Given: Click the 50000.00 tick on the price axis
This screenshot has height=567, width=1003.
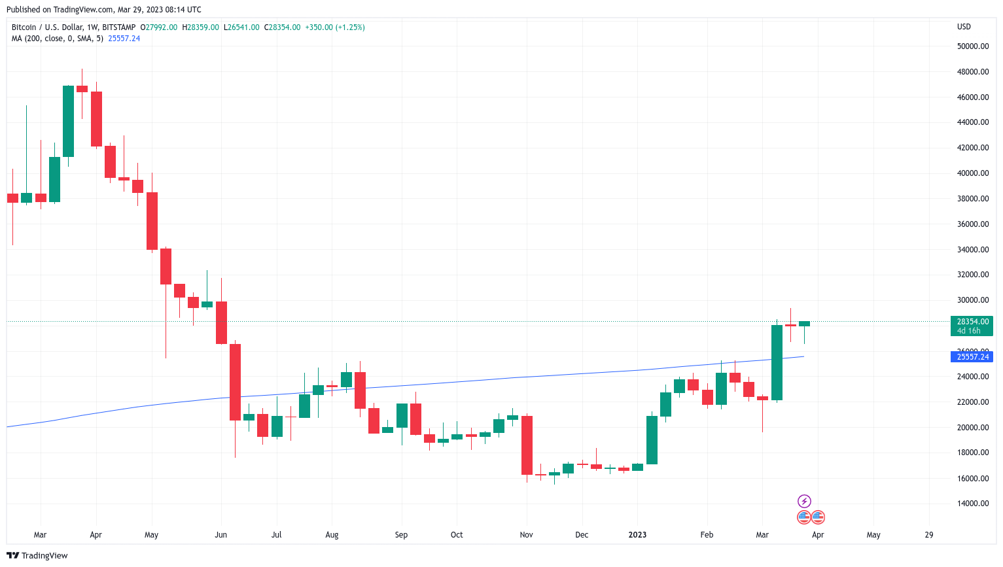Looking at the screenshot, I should click(x=972, y=46).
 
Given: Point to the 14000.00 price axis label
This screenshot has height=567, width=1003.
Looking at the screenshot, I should click(x=972, y=504).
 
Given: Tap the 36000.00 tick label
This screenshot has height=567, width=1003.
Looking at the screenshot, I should click(x=972, y=224).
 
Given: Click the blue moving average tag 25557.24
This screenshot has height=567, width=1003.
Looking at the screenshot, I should click(x=972, y=357).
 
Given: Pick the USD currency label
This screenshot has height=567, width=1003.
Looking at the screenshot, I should click(x=964, y=27).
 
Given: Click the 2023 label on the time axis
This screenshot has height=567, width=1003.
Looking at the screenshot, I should click(x=637, y=535).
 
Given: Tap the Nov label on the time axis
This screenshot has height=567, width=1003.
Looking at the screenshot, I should click(x=526, y=535).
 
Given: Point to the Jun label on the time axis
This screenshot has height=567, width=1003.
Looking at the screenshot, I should click(x=221, y=535).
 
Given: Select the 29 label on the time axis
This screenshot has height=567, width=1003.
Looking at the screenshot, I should click(x=929, y=535).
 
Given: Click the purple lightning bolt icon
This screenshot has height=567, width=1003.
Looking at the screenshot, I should click(x=804, y=502).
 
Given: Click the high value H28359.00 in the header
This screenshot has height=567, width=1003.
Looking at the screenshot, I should click(x=201, y=27).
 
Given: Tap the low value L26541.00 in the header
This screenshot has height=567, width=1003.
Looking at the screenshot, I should click(x=242, y=27).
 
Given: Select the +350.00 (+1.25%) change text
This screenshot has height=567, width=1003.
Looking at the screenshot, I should click(x=335, y=27).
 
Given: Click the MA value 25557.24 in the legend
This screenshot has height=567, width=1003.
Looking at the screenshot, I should click(x=124, y=39).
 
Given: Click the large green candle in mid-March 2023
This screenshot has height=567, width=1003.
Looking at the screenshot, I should click(x=777, y=362).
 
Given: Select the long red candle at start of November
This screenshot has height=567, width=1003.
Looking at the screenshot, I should click(x=527, y=445).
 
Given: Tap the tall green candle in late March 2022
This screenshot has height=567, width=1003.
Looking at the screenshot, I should click(x=68, y=121).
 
